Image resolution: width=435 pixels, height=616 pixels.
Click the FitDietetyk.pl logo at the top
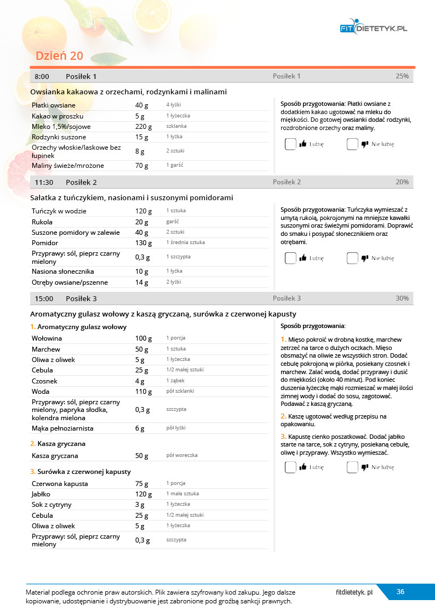click(x=374, y=28)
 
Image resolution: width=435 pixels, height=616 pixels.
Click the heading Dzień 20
click(x=59, y=56)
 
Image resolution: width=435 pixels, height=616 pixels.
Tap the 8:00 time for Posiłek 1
click(x=42, y=76)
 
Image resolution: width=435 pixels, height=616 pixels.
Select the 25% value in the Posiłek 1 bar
click(x=402, y=76)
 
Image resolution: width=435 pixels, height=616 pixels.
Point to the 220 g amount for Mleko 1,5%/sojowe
click(x=142, y=126)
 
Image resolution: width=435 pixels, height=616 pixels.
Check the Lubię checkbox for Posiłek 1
click(x=290, y=144)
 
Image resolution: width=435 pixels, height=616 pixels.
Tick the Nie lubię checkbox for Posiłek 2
click(x=352, y=258)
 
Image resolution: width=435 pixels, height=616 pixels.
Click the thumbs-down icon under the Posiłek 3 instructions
click(x=364, y=467)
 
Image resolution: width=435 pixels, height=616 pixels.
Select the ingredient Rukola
click(x=42, y=222)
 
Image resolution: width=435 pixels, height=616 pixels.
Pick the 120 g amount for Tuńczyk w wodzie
click(x=144, y=211)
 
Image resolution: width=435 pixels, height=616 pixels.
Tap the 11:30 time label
click(x=44, y=182)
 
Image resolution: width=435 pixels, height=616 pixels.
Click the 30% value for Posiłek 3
click(x=402, y=298)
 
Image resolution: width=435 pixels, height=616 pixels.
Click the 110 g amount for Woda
click(x=144, y=392)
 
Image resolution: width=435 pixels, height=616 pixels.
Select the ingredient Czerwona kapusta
click(x=60, y=484)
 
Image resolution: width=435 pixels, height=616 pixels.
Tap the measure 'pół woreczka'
click(x=181, y=456)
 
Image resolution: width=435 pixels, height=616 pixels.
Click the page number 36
click(x=400, y=591)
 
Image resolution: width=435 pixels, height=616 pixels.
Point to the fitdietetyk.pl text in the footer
click(x=354, y=592)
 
